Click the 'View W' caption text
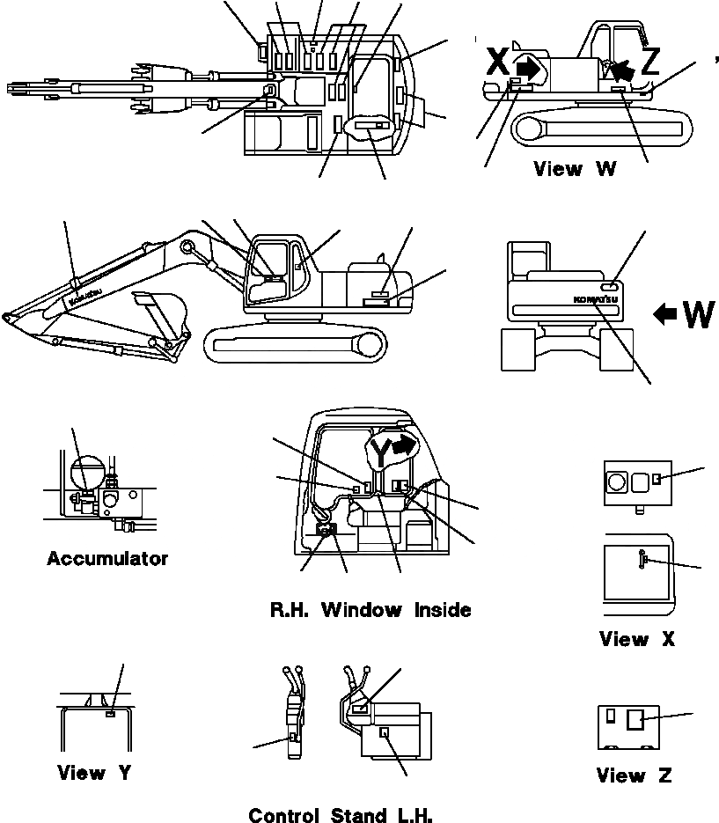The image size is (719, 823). pos(575,169)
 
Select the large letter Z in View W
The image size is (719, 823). pos(649,62)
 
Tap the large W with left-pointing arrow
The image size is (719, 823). pos(685,312)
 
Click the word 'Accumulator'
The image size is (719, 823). pos(106,559)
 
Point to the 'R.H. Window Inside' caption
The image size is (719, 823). pos(371,610)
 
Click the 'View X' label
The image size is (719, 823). pos(636,640)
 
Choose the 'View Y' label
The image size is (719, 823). pos(94,774)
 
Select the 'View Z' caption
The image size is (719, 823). pos(634,775)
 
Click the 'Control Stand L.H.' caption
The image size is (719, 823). pos(341,815)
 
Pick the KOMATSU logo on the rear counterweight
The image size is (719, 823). pos(596,300)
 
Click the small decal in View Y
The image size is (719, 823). pos(109,714)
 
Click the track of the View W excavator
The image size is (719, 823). pos(598,129)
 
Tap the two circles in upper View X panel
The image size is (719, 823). pos(627,481)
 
